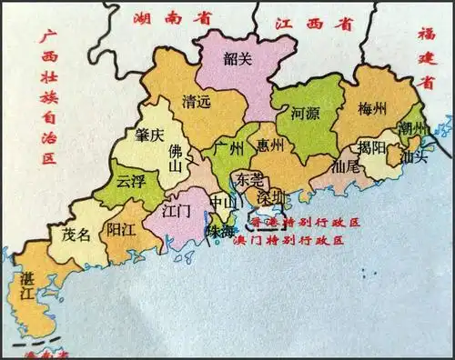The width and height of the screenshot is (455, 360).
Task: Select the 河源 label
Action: [306, 115]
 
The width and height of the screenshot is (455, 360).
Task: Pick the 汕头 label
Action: [414, 155]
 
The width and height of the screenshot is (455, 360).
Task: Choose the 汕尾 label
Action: [347, 166]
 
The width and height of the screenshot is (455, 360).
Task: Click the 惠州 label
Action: [270, 145]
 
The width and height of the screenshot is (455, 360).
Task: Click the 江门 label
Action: [176, 211]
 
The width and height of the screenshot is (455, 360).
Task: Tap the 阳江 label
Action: [120, 230]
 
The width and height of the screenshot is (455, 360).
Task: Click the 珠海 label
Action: [222, 233]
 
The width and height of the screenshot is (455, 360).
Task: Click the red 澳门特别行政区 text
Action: [289, 241]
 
